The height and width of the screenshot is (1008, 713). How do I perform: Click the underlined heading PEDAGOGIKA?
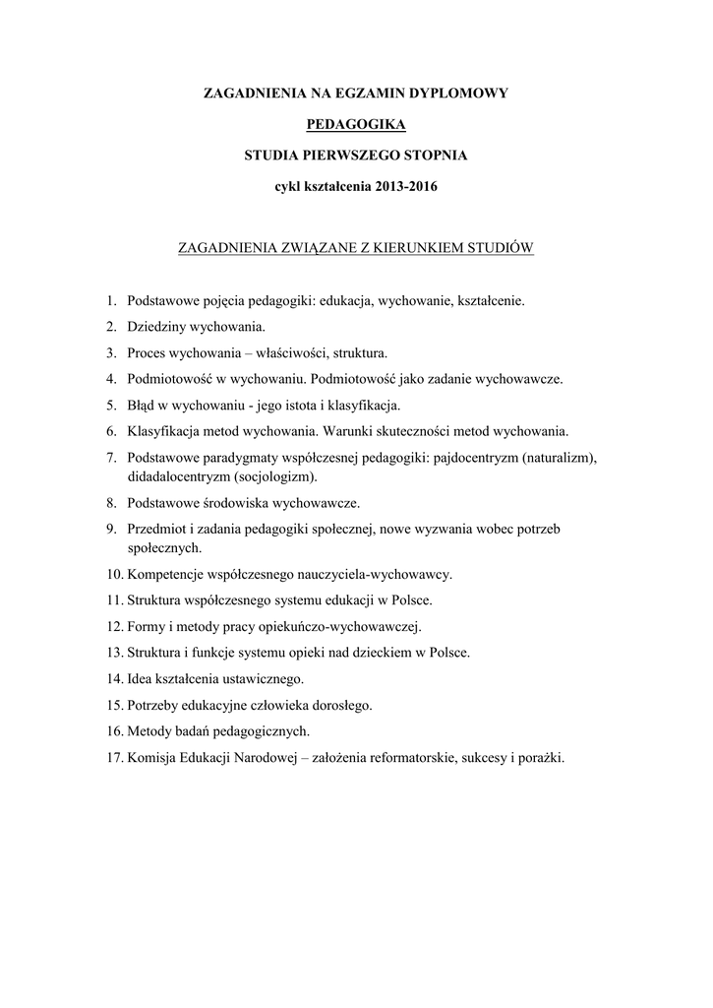tap(356, 124)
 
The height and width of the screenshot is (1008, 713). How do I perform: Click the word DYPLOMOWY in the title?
tap(459, 94)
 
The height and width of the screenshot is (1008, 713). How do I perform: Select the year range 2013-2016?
tap(396, 187)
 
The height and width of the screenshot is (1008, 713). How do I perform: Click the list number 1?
tap(111, 299)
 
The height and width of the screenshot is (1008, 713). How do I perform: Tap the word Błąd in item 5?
tap(144, 406)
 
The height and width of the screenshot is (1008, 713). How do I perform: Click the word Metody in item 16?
tap(149, 732)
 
